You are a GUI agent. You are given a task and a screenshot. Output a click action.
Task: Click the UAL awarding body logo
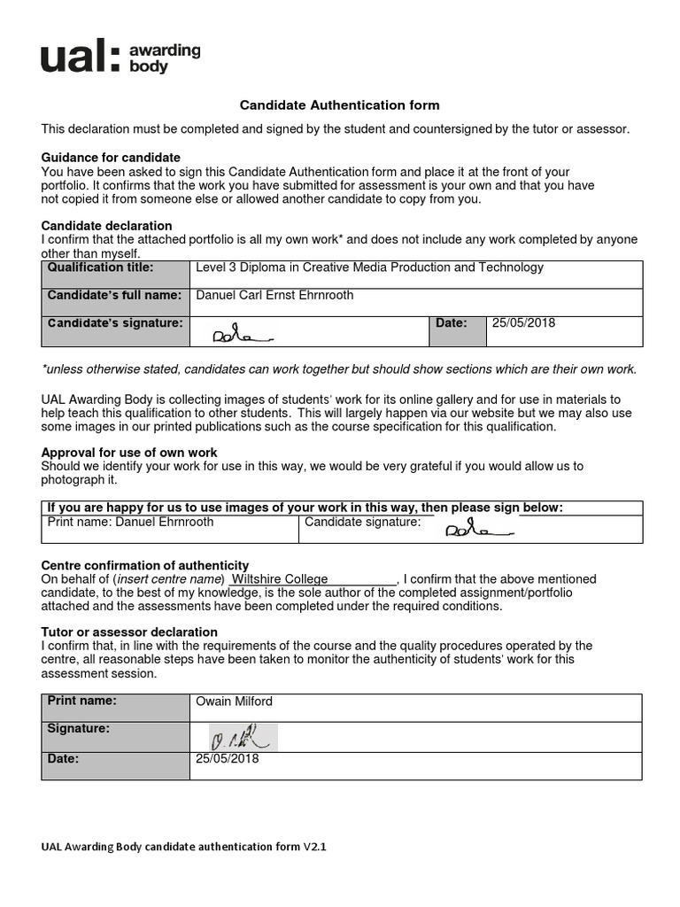[x=120, y=58]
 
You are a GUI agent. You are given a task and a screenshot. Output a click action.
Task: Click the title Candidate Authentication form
[x=340, y=105]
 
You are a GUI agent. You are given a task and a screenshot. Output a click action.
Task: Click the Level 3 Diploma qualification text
[x=370, y=267]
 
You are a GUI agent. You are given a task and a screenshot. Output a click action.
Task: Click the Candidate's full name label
[x=114, y=295]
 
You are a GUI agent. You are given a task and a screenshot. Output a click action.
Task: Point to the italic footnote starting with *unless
[x=340, y=369]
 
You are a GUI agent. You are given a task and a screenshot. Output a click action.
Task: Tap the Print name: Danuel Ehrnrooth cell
[x=130, y=523]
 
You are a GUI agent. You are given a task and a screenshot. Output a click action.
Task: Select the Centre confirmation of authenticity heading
[x=145, y=565]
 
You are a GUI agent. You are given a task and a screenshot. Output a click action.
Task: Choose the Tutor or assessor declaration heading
[x=129, y=632]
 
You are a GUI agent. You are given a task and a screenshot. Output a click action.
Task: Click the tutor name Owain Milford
[x=235, y=702]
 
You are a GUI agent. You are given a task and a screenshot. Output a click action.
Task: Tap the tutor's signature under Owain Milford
[x=234, y=736]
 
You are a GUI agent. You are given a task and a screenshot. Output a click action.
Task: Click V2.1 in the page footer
[x=315, y=847]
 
